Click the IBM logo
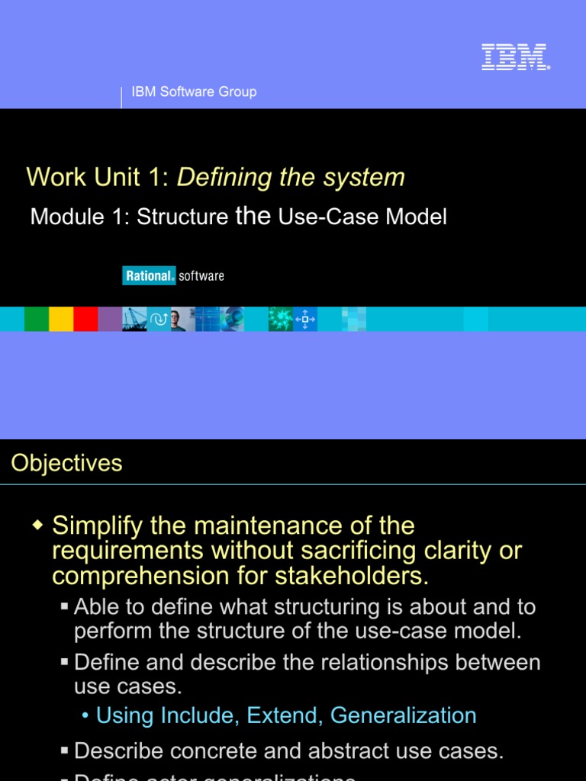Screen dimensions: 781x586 tap(516, 58)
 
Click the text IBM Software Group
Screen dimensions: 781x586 tap(194, 92)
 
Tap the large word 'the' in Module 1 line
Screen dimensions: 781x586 tap(253, 216)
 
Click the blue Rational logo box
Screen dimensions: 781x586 tap(149, 275)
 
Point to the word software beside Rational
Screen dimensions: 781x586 tap(201, 275)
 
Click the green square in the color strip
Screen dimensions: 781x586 tap(37, 319)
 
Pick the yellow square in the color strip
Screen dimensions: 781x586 tap(61, 319)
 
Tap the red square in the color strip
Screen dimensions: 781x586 tap(85, 319)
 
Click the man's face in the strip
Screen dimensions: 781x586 tap(177, 319)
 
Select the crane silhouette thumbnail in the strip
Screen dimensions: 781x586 tap(134, 319)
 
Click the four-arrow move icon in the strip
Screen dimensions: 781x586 tap(305, 319)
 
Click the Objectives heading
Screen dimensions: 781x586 tap(66, 463)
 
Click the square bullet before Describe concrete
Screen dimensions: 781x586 tap(65, 751)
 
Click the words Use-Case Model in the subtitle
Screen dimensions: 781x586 tap(362, 217)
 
